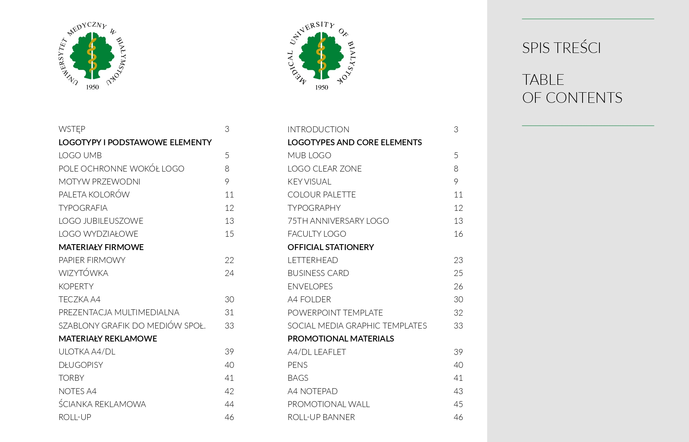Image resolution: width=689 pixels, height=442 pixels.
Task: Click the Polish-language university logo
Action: coord(92,56)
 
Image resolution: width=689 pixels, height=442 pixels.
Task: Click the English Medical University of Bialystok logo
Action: coord(321,56)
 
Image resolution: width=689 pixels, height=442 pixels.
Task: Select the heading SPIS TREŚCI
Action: coord(561,48)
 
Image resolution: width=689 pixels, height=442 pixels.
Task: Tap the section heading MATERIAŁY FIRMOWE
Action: coord(101,247)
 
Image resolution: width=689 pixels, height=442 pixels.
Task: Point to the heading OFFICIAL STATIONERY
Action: coord(330,247)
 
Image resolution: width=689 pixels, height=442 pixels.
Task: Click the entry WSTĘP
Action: coord(72,129)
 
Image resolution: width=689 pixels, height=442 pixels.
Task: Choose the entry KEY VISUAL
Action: coord(309,182)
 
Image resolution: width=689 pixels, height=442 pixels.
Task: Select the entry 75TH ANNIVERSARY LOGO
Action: coord(338,221)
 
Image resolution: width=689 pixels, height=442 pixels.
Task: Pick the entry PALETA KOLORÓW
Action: coord(94,195)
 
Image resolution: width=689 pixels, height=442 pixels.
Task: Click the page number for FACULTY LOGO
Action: coord(458,234)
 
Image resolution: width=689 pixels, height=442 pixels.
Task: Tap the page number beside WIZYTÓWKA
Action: coord(229,273)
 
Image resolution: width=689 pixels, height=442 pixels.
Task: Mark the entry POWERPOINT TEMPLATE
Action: coord(335,313)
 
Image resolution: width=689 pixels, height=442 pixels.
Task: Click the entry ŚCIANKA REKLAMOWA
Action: coord(102,404)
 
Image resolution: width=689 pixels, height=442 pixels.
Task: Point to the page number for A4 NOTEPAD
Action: coord(458,391)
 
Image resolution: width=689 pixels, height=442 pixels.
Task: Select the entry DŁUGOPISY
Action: coord(81,365)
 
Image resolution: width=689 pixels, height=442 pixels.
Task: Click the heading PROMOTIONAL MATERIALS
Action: coord(341,339)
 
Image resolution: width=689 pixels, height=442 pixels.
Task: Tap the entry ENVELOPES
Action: coord(310,287)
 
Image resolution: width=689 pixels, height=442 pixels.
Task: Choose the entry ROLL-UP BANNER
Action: coord(321,417)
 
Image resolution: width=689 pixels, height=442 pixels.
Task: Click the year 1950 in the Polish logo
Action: coord(92,87)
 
